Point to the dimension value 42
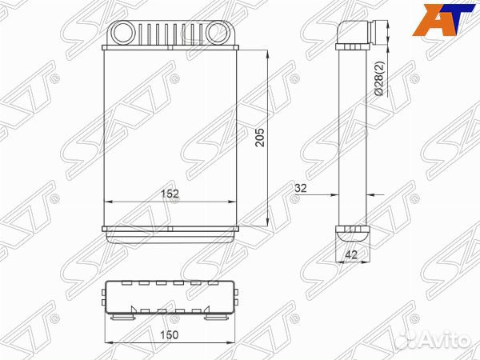pyautogui.click(x=351, y=257)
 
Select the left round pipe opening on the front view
pyautogui.click(x=127, y=34)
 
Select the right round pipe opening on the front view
pyautogui.click(x=218, y=34)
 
